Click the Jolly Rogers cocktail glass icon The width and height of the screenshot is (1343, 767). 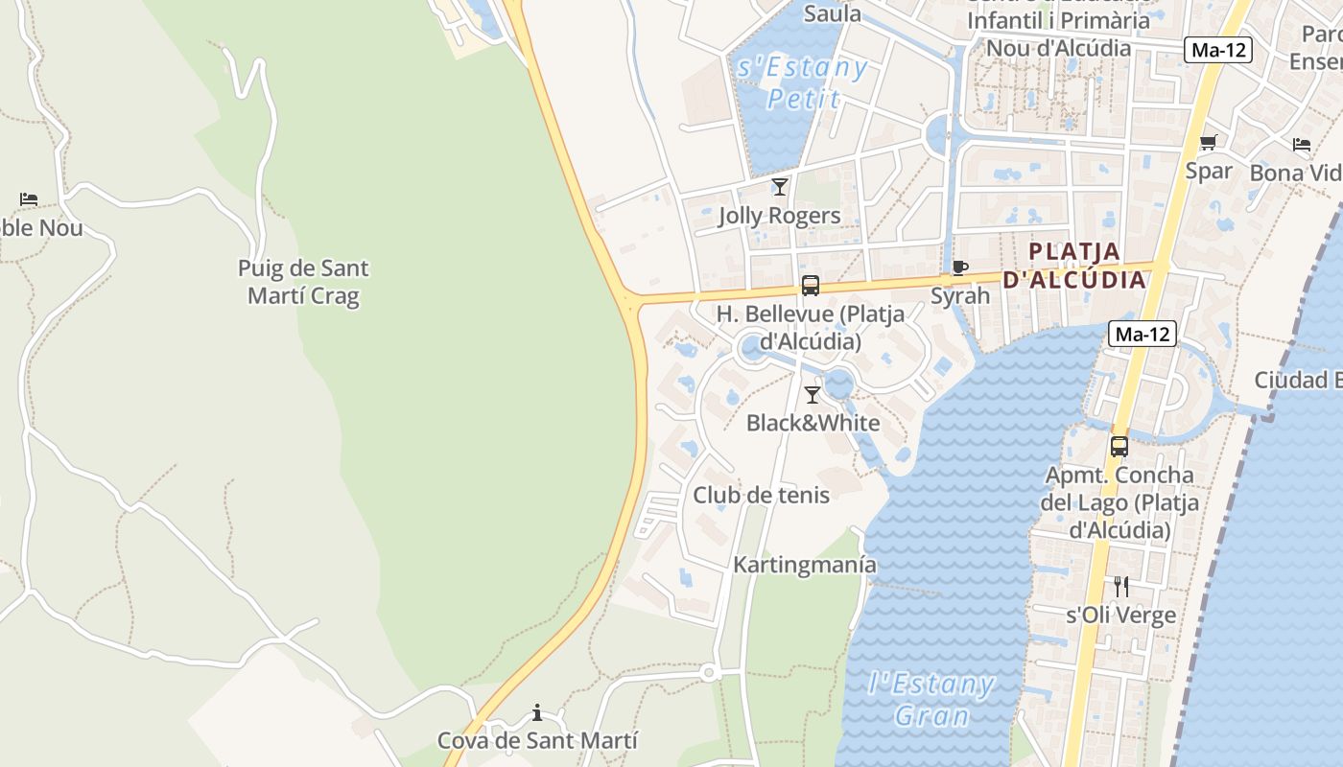(x=780, y=186)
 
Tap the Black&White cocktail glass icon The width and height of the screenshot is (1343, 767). (x=813, y=394)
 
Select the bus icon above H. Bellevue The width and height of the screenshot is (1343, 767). (x=811, y=285)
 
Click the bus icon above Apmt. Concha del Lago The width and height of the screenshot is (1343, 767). (x=1119, y=446)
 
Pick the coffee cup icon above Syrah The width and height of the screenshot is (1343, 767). (x=959, y=267)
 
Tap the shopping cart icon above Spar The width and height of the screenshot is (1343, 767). (x=1209, y=143)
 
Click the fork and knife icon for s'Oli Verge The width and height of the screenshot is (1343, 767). (x=1120, y=586)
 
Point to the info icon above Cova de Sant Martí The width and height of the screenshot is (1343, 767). (x=537, y=712)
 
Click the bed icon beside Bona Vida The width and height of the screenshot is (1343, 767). (x=1302, y=145)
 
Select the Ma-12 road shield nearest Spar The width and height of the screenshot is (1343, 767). (x=1218, y=50)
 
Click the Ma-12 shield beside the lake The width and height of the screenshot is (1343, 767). (x=1143, y=334)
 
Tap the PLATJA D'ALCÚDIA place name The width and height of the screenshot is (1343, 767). (x=1074, y=266)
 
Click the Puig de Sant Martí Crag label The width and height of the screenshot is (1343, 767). (x=303, y=282)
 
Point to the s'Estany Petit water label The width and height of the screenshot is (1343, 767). (x=802, y=83)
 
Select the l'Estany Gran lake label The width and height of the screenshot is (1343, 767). (x=931, y=699)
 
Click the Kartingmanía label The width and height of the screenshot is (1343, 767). (x=805, y=565)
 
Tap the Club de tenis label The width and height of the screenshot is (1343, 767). (x=762, y=495)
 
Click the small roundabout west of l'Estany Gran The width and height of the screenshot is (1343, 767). (x=709, y=673)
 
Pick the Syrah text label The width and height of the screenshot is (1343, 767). (x=960, y=295)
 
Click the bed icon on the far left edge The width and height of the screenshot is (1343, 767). (x=29, y=199)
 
